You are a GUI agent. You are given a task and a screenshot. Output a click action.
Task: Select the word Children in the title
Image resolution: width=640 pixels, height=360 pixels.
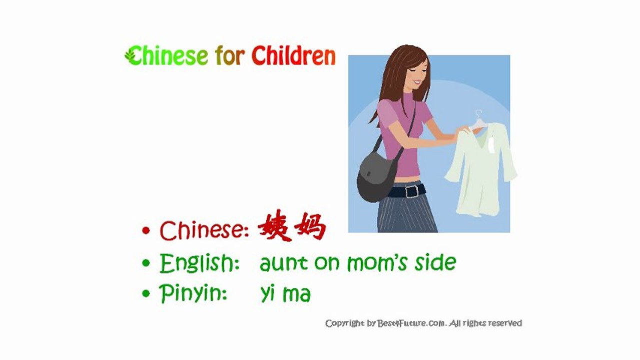point(293,56)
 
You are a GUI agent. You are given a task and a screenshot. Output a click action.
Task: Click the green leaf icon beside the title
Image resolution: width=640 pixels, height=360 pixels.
point(131,55)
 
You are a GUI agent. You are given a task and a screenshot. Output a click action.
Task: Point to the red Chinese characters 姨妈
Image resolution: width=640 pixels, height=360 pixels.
point(292,229)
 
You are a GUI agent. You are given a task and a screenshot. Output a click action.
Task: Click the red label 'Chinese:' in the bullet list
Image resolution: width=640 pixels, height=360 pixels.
point(205,230)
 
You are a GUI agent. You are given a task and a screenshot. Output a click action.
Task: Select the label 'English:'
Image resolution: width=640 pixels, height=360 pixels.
point(199,263)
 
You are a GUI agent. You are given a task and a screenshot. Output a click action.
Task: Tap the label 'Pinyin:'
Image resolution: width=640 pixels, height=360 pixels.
point(193,293)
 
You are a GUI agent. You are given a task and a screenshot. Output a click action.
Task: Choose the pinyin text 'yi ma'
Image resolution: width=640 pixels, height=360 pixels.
point(285,294)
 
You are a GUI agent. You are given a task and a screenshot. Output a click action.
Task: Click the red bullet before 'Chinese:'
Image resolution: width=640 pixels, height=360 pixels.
point(146,231)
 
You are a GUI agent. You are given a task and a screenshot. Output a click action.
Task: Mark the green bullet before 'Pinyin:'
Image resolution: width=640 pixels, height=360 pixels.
point(146,293)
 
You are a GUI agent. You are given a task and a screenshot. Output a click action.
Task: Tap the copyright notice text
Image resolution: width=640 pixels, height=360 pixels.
point(423,323)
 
